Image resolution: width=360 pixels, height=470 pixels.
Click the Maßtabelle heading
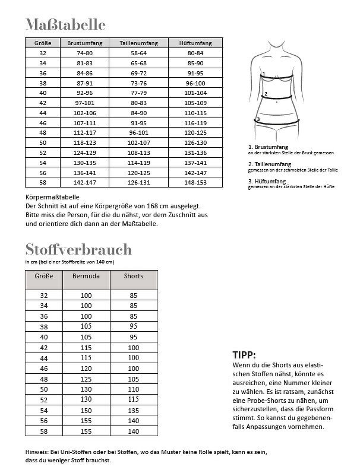point(65,24)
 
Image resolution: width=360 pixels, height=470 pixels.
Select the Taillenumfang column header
point(138,43)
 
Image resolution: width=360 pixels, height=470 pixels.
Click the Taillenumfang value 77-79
point(138,93)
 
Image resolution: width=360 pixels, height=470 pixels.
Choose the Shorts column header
point(133,277)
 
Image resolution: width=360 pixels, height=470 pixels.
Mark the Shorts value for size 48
point(133,378)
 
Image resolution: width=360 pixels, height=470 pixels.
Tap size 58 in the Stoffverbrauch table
point(43,431)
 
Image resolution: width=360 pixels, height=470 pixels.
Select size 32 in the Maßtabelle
point(43,52)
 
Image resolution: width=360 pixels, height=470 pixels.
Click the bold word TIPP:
point(246,355)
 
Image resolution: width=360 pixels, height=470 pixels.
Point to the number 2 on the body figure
point(266,94)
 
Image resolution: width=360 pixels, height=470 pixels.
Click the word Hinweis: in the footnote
point(39,452)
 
